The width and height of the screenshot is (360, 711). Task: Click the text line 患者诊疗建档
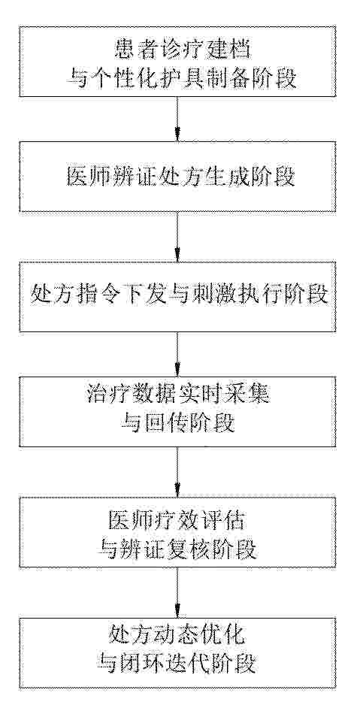point(178,50)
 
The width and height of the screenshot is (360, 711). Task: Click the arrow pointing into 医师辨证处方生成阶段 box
point(177,118)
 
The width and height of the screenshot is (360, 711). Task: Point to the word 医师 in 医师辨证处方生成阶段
point(86,177)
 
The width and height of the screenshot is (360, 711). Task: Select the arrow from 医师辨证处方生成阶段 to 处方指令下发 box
point(177,236)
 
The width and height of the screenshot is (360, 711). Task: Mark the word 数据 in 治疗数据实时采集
point(155,395)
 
